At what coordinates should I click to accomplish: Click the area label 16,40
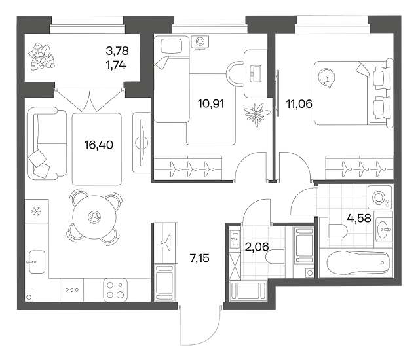click(x=99, y=145)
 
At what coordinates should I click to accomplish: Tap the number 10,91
click(x=211, y=103)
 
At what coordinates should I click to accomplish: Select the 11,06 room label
click(x=299, y=103)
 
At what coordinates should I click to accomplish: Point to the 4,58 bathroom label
click(x=359, y=219)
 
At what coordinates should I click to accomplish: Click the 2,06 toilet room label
click(x=257, y=247)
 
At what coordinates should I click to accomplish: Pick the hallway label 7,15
click(x=199, y=258)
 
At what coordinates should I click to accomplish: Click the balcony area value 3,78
click(x=117, y=50)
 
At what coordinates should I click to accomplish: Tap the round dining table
click(x=94, y=217)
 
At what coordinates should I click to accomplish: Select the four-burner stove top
click(x=115, y=290)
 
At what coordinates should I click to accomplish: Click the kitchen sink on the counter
click(x=37, y=262)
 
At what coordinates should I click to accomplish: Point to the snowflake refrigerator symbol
click(x=37, y=211)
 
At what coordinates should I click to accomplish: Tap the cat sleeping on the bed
click(x=326, y=78)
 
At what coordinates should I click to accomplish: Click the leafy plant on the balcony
click(x=42, y=58)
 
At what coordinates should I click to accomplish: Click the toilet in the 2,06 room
click(x=275, y=257)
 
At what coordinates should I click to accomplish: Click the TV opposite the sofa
click(x=142, y=143)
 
